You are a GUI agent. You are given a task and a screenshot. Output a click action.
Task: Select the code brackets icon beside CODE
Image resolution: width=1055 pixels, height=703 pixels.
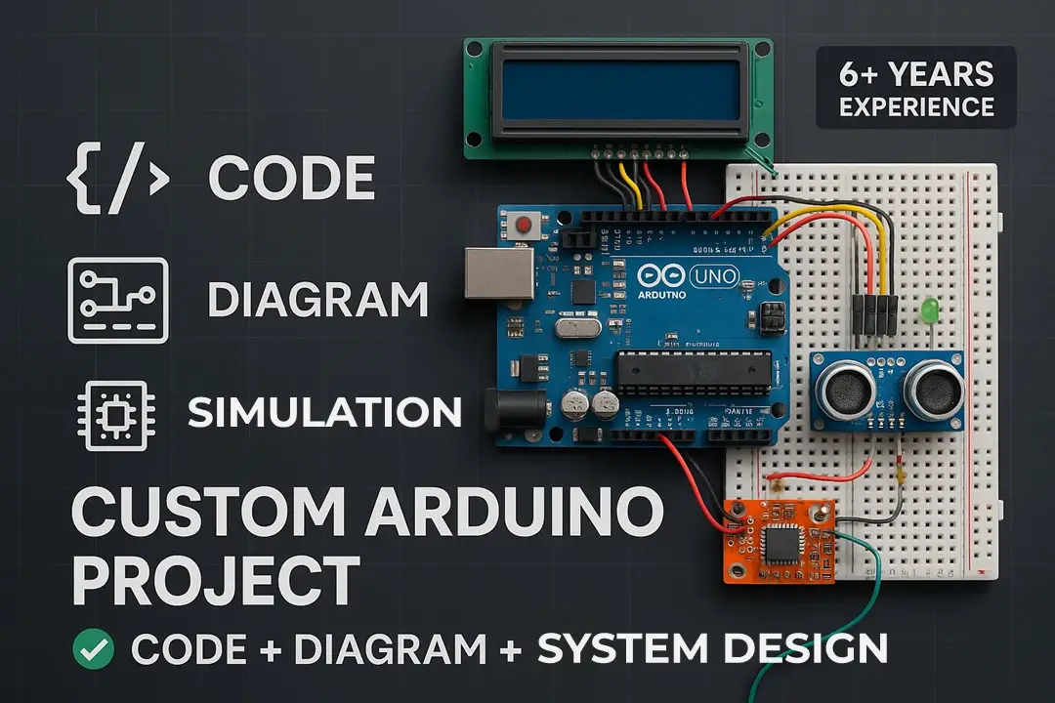tap(117, 179)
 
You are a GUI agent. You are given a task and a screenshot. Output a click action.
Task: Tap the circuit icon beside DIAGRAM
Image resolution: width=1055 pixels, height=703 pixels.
tap(117, 300)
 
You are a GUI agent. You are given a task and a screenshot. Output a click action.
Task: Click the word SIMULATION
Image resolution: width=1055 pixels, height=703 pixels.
tap(324, 413)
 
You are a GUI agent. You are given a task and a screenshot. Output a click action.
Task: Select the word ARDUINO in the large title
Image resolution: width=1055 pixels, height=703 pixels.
tap(501, 511)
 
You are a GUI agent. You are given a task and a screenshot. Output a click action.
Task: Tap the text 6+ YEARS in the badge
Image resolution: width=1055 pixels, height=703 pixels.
tap(916, 74)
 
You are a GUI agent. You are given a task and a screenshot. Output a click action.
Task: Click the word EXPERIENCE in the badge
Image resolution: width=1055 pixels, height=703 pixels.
tap(916, 106)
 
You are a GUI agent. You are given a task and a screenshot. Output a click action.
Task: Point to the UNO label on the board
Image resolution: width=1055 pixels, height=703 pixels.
tap(714, 277)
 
